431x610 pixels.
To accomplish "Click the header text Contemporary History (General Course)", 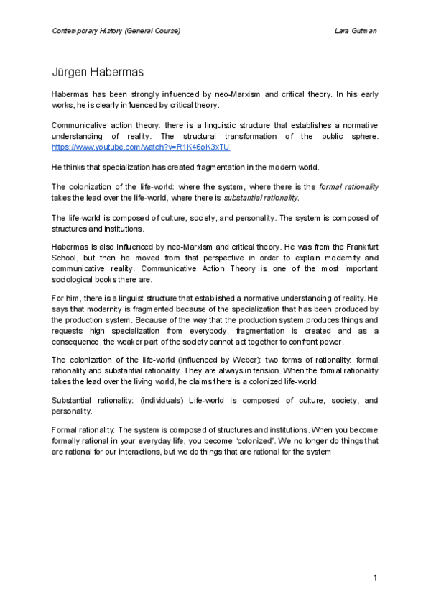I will pos(116,32).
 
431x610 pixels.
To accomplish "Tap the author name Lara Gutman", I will pos(356,32).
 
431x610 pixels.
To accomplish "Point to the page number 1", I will pos(375,578).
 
